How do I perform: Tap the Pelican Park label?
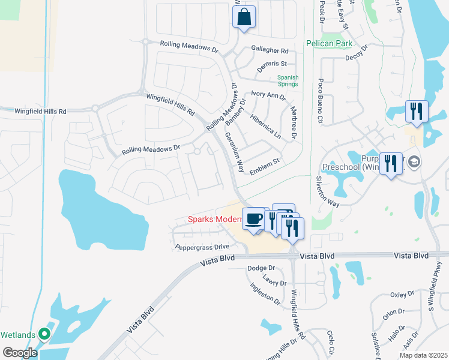(x=329, y=43)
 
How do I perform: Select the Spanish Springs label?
(x=288, y=80)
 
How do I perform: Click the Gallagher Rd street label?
(x=270, y=51)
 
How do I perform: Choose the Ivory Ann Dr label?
(x=268, y=95)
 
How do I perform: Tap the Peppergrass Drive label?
(x=202, y=247)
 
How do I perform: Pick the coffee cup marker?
(x=253, y=218)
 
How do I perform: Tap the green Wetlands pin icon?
(x=43, y=334)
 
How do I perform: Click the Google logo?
(x=20, y=353)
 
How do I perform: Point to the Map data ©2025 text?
(x=423, y=355)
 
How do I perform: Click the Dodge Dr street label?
(x=261, y=268)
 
